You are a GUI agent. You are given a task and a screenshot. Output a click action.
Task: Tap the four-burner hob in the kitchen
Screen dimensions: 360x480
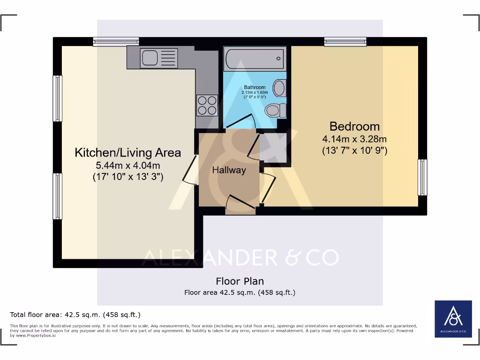[x=207, y=105]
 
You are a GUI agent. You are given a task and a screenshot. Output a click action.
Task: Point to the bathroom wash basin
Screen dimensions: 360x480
[x=279, y=87]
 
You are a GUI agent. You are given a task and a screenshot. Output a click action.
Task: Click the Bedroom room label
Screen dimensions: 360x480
[x=354, y=126]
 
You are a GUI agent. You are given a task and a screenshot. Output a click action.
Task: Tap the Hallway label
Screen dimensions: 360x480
[x=229, y=170]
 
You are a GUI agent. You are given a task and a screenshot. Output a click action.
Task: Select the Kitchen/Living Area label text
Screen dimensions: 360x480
[x=128, y=152]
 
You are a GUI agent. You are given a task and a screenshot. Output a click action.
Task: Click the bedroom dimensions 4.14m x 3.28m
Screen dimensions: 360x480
[x=354, y=139]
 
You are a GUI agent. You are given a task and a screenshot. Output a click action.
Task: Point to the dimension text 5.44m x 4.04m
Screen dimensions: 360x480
[x=128, y=165]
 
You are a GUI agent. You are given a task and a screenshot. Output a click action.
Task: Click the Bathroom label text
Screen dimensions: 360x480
[x=255, y=87]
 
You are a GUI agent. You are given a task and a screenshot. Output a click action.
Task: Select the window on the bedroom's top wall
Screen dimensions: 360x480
[x=345, y=42]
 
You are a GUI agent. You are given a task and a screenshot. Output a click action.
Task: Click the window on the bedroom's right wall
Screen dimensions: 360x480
[x=422, y=177]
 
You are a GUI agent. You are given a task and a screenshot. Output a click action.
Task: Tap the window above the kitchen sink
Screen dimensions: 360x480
[x=116, y=42]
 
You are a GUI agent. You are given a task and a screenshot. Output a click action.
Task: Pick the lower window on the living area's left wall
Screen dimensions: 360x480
[x=57, y=196]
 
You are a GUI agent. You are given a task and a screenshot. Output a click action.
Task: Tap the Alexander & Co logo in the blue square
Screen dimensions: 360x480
[x=453, y=319]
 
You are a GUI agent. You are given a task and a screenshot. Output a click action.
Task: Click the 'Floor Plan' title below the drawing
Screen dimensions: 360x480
[x=240, y=281]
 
